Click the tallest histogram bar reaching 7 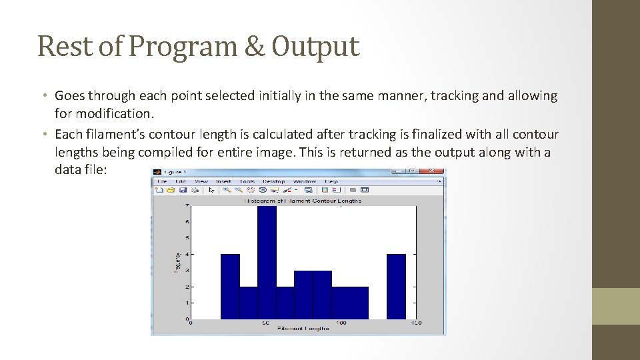[x=267, y=263]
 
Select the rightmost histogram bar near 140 [x=396, y=287]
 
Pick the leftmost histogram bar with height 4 [x=230, y=287]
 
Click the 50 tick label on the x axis [x=265, y=323]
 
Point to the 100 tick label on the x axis [x=341, y=323]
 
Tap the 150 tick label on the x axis [x=415, y=323]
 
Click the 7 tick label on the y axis [x=187, y=206]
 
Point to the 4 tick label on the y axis [x=187, y=254]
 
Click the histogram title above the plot [x=303, y=200]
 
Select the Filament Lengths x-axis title [x=303, y=329]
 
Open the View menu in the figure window [x=201, y=181]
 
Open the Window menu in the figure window [x=305, y=181]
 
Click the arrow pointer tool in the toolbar [x=211, y=190]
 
